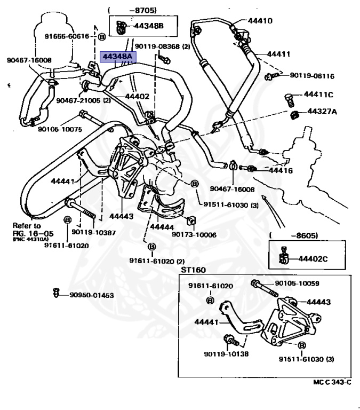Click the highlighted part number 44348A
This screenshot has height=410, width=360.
pyautogui.click(x=118, y=57)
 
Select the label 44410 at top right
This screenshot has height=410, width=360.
pyautogui.click(x=260, y=21)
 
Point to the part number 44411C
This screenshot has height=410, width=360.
pyautogui.click(x=318, y=94)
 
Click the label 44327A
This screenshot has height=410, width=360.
pyautogui.click(x=322, y=112)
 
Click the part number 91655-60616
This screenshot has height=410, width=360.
pyautogui.click(x=67, y=36)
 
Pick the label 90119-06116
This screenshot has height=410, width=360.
pyautogui.click(x=312, y=76)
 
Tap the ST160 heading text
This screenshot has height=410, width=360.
pyautogui.click(x=193, y=270)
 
